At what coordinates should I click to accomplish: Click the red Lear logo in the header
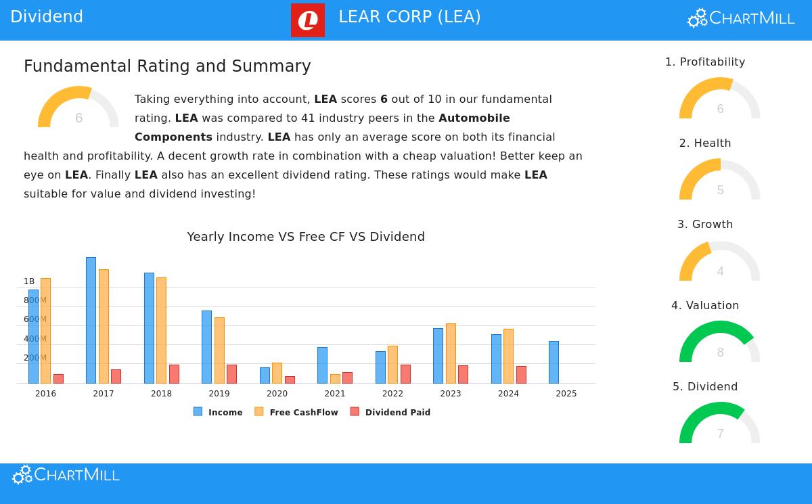pos(308,20)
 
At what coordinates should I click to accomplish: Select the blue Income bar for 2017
pos(91,320)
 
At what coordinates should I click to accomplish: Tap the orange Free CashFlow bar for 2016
pos(45,330)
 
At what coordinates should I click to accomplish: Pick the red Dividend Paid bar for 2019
pos(231,374)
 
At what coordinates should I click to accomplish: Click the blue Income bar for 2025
pos(554,362)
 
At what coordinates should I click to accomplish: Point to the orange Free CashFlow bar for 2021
pos(335,379)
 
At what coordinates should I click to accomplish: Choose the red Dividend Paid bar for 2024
pos(521,375)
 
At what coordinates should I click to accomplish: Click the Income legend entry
pos(218,412)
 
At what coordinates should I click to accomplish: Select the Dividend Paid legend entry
pos(390,412)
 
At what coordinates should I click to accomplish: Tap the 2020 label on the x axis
pos(277,394)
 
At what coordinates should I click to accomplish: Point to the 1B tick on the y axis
pos(29,281)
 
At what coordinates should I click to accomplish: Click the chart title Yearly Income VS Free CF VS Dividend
pos(306,237)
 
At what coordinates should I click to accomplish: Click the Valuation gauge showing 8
pos(720,342)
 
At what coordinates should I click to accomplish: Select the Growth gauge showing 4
pos(720,261)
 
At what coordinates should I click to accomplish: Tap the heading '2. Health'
pos(705,143)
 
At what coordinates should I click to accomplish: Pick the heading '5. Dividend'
pos(705,387)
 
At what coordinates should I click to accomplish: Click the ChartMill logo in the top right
pos(741,18)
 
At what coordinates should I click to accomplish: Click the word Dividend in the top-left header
pos(47,17)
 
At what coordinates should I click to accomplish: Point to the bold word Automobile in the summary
pos(474,118)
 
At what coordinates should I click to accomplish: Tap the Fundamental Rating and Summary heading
pos(167,66)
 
